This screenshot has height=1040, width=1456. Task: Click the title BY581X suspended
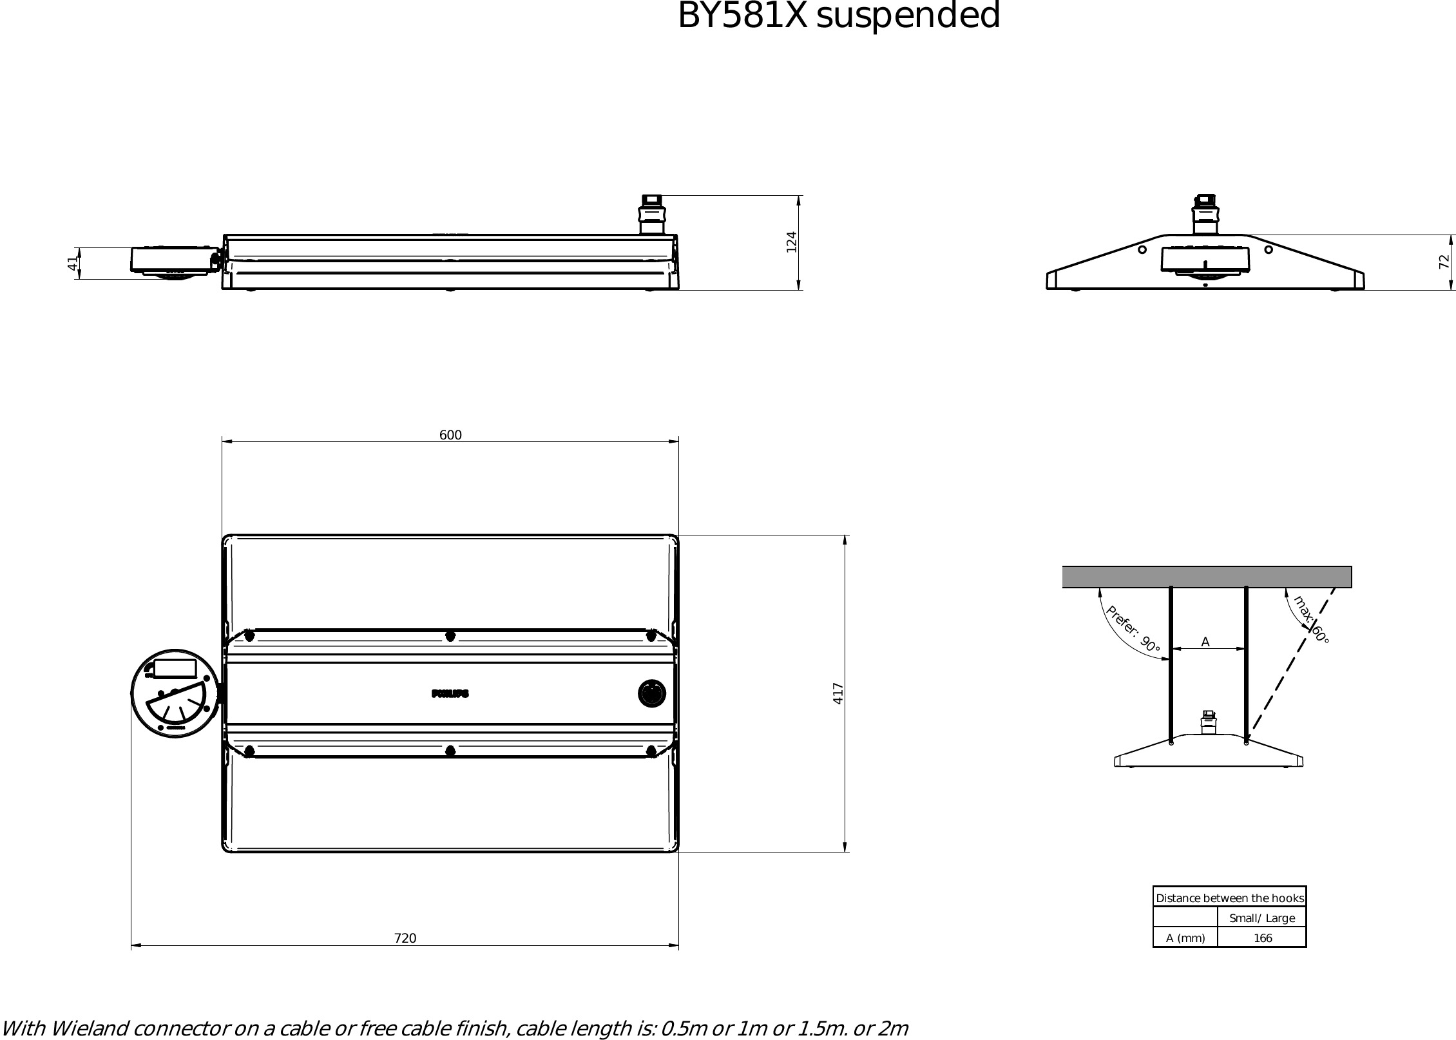[838, 16]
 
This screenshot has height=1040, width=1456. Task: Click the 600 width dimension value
[450, 435]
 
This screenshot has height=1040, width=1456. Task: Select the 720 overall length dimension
[405, 938]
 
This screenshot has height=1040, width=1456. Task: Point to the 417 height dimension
[838, 693]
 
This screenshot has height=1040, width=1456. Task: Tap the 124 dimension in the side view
[792, 242]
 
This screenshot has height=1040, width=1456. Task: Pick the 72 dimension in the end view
[1444, 262]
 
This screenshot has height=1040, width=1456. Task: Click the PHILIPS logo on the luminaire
[450, 694]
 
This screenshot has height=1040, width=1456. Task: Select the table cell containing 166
[1262, 938]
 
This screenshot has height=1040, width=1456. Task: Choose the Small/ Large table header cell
[1262, 918]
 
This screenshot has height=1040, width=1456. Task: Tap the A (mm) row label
[1185, 938]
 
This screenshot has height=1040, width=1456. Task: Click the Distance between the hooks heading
[1230, 898]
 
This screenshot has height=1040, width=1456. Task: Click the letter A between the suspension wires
[1205, 642]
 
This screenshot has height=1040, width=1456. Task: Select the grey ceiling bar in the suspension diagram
[1207, 577]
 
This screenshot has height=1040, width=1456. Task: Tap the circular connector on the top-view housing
[651, 693]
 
